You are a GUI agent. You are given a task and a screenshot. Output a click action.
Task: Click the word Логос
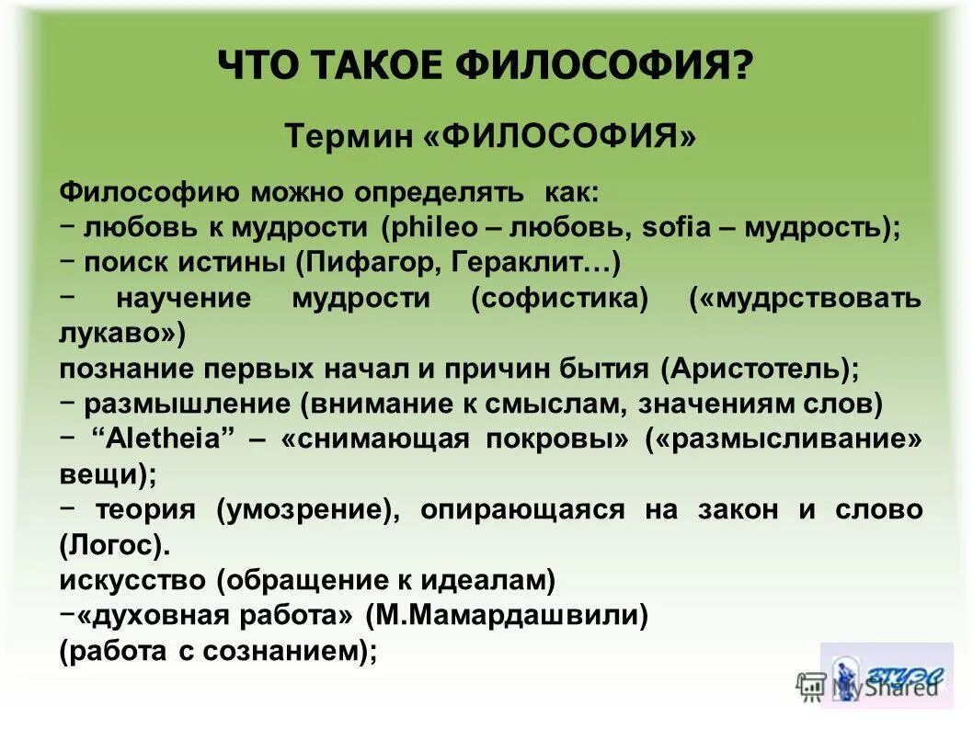pyautogui.click(x=114, y=545)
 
